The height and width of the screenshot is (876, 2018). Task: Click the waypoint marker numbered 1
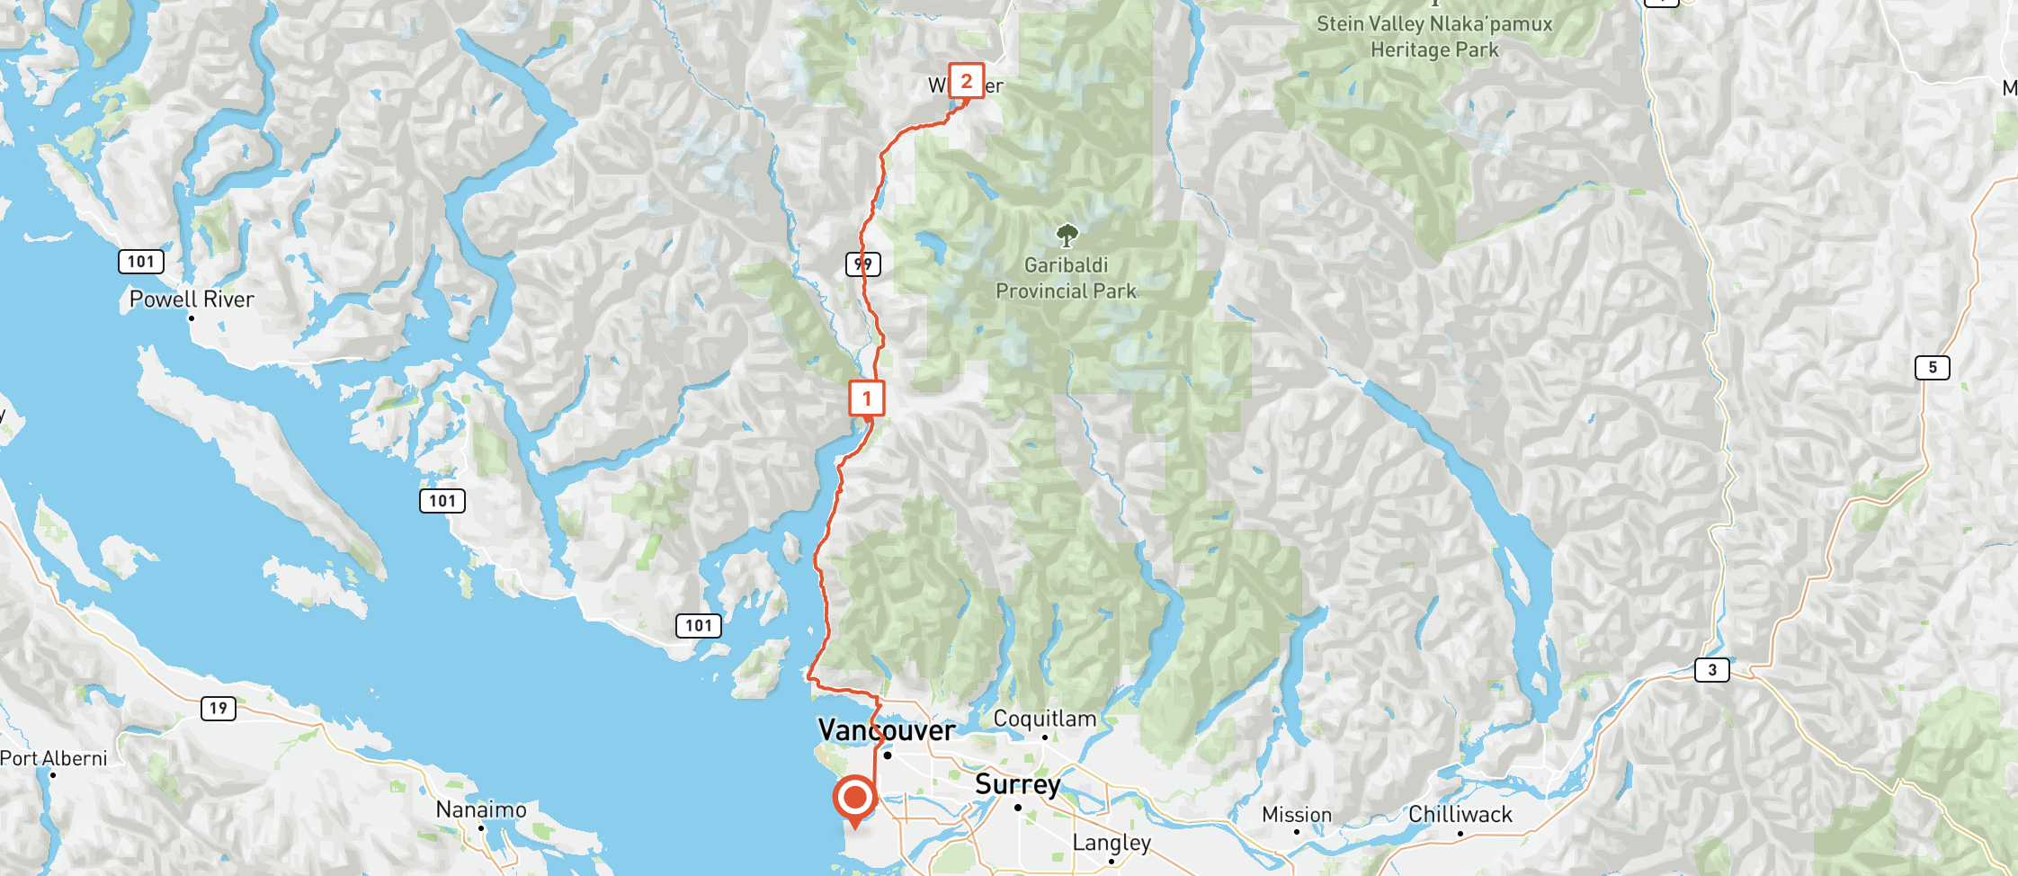(867, 398)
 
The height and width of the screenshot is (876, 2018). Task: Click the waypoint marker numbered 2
(967, 81)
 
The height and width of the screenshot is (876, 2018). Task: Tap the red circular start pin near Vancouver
(854, 797)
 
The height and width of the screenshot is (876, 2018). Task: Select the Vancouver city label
(886, 730)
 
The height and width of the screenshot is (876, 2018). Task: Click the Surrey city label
(1017, 784)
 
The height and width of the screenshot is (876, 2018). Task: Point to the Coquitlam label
(1044, 719)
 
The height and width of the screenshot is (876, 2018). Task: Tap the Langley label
(1111, 843)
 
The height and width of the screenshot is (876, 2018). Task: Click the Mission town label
(1296, 815)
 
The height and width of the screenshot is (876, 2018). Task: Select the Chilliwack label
(1460, 815)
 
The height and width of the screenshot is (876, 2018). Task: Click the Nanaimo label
(481, 809)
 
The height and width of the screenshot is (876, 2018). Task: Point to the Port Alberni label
(54, 758)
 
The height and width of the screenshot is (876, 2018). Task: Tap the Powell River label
(192, 299)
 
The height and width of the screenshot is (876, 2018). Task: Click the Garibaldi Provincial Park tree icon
(1067, 236)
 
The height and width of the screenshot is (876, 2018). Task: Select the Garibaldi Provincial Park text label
(1066, 278)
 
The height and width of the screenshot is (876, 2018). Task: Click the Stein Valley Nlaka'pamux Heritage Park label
(1434, 37)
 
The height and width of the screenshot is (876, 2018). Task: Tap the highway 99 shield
(862, 264)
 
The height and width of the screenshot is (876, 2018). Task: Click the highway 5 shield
(1932, 368)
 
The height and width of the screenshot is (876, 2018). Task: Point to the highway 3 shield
(1711, 670)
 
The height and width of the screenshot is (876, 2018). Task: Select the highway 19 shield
(218, 709)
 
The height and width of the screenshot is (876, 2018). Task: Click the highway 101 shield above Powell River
(141, 262)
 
